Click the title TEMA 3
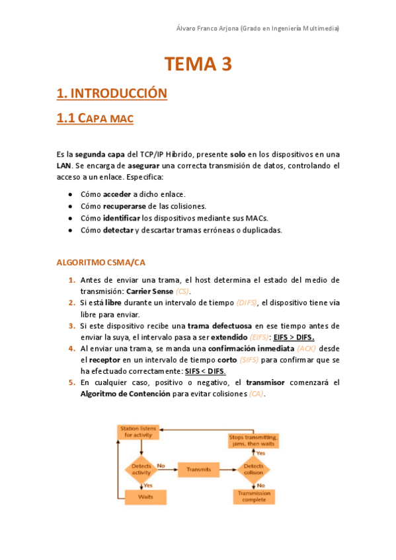[198, 64]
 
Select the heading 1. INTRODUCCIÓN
[112, 93]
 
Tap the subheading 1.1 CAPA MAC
[95, 119]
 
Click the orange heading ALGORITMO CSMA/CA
[101, 262]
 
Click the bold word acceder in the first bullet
[117, 195]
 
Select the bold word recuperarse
[127, 207]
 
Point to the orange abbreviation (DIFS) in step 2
[247, 303]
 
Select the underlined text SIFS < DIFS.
[205, 372]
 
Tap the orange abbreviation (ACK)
[306, 348]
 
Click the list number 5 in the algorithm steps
[71, 382]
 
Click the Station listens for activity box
[139, 432]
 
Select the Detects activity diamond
[141, 469]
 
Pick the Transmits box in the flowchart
[198, 470]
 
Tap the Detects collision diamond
[253, 469]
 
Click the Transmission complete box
[254, 497]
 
